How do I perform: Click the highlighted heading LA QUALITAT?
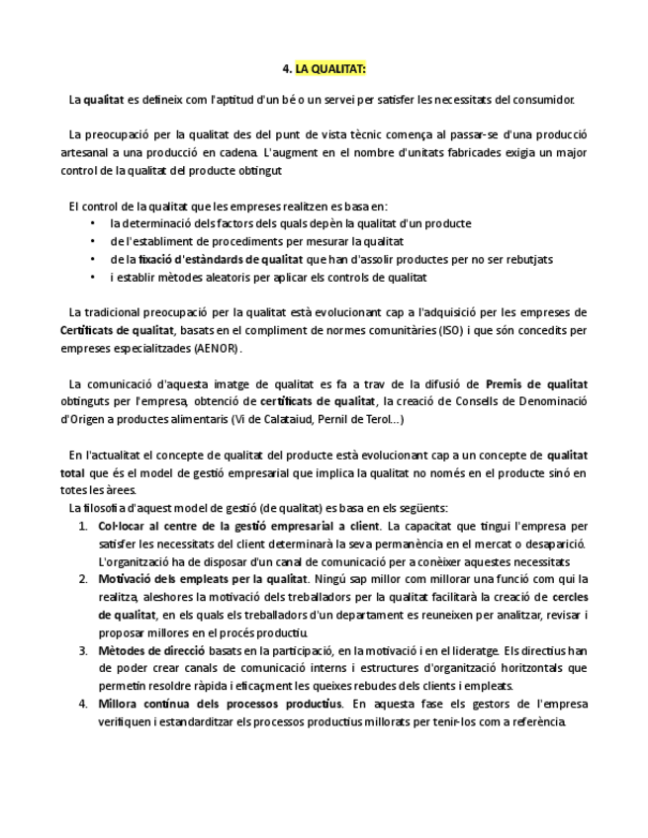[331, 69]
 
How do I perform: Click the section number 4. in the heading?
[287, 69]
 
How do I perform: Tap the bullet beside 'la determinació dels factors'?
[93, 224]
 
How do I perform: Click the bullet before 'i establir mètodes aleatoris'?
[93, 278]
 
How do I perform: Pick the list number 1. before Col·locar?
[83, 526]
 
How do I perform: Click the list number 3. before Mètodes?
[83, 650]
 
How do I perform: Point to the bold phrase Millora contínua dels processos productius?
[220, 704]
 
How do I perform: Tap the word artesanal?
[87, 153]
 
